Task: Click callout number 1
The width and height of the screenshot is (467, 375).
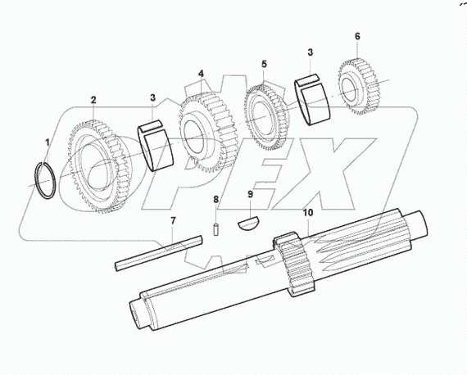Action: coord(47,142)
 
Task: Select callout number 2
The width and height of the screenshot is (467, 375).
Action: coord(93,100)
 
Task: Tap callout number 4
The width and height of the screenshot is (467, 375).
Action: coord(201,74)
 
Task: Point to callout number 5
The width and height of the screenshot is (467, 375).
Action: coord(264,63)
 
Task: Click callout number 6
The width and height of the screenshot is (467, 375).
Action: coord(357,37)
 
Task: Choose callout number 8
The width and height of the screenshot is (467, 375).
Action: coord(216,199)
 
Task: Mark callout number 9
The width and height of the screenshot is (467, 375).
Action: coord(252,195)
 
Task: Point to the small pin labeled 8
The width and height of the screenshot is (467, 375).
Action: coord(215,227)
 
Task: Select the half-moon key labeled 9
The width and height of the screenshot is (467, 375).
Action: coord(252,222)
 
